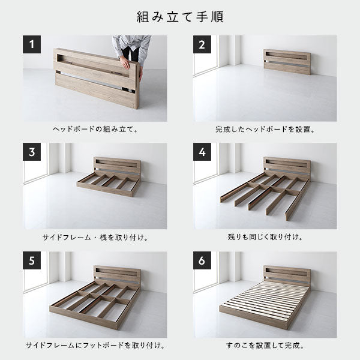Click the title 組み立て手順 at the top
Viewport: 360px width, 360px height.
180,16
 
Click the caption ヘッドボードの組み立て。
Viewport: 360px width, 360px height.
95,129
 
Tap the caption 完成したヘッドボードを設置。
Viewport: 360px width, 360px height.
265,129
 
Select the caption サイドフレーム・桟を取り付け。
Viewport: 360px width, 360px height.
95,238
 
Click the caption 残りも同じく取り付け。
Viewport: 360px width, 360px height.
265,238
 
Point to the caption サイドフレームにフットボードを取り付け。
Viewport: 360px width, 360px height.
95,346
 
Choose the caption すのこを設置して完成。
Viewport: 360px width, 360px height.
265,346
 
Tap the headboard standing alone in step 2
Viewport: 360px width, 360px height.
286,61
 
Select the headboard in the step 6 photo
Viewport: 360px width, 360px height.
286,275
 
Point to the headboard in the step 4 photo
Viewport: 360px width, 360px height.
286,166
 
